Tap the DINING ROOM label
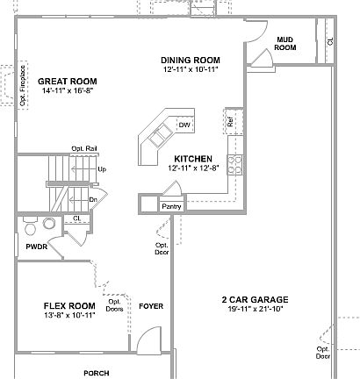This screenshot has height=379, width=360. (x=190, y=60)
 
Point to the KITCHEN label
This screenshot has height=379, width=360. (x=189, y=159)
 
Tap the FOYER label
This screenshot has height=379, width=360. (x=152, y=305)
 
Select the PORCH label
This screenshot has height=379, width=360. (x=97, y=373)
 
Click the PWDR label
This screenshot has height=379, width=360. (x=36, y=247)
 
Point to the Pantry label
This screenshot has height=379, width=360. (x=170, y=205)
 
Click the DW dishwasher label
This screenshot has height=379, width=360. (x=184, y=125)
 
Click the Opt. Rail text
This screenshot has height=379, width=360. (x=83, y=148)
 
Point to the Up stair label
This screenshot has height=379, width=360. (x=102, y=168)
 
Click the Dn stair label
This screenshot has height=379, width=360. (x=92, y=199)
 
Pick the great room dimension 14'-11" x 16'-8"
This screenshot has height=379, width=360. (x=67, y=89)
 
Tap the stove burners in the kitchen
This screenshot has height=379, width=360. (x=234, y=162)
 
